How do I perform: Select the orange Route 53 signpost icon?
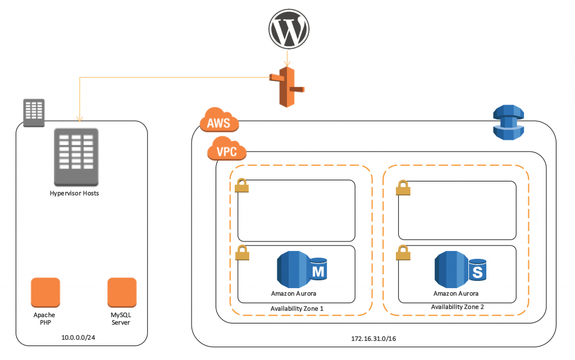[287, 85]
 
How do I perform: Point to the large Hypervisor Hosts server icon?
[76, 157]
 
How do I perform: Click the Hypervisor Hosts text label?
[76, 194]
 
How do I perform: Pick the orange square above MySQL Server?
[122, 293]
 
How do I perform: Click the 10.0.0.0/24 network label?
[81, 338]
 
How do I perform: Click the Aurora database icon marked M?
[302, 269]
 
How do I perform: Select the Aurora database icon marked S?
[461, 269]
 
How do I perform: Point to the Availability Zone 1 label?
[297, 308]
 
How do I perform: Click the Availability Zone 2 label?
[457, 307]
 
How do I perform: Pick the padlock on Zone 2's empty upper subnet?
[403, 188]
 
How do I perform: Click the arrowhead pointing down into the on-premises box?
[80, 119]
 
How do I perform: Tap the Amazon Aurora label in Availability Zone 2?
[456, 293]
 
